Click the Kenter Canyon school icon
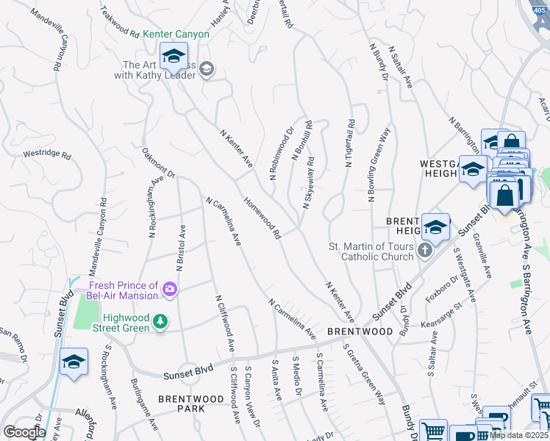click(174, 56)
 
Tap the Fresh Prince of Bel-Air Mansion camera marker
click(171, 290)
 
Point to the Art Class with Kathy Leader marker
click(207, 69)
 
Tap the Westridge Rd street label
click(46, 155)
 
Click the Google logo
click(24, 432)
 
